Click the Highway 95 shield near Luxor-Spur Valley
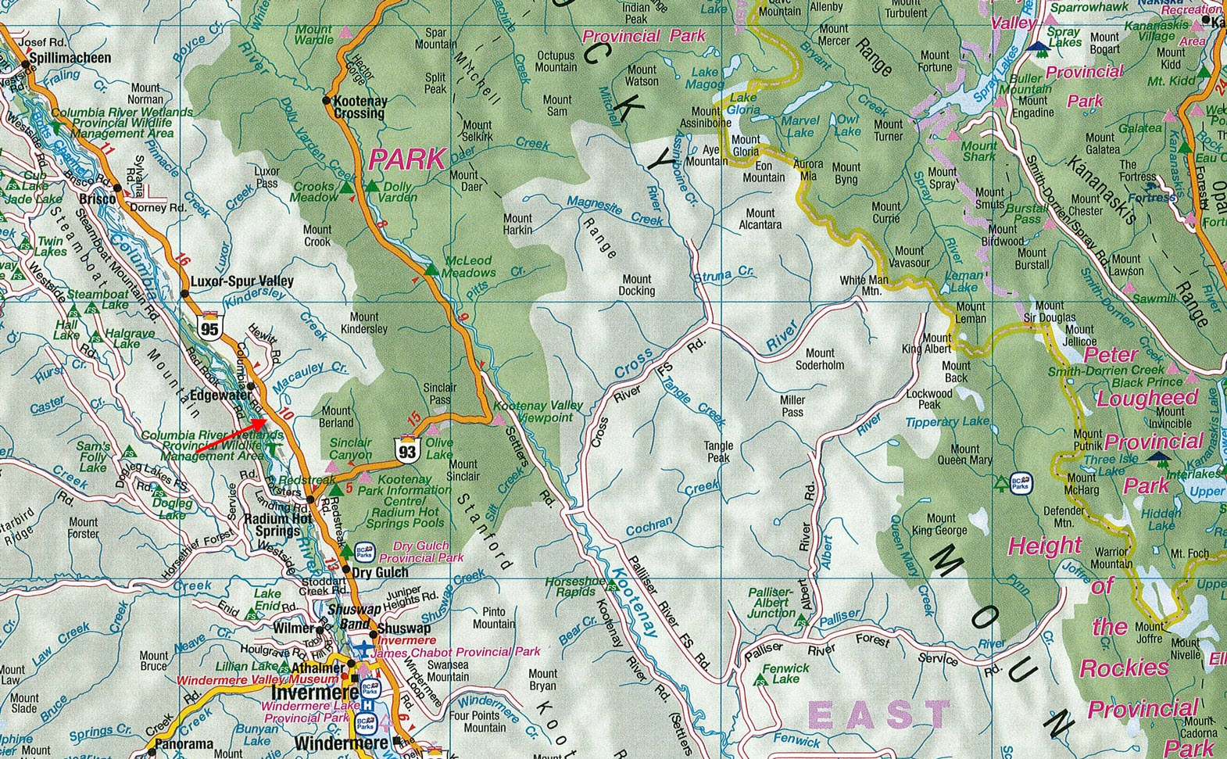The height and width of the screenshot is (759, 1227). point(209,327)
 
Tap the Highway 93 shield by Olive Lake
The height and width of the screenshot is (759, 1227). point(407,450)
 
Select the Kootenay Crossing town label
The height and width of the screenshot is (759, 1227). point(360,107)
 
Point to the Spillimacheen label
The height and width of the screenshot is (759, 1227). point(70,58)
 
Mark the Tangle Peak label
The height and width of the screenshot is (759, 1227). point(718,451)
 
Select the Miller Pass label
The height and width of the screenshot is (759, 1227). point(792,406)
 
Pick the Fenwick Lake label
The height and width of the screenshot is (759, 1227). point(785,673)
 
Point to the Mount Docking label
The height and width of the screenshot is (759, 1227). point(637,285)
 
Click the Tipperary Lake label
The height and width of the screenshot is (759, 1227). point(946,422)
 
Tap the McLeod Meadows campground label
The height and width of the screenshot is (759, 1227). point(469,267)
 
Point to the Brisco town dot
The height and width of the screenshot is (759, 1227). point(117,188)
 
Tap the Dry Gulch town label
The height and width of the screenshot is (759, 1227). point(380,572)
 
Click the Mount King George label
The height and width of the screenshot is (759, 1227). point(940,524)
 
